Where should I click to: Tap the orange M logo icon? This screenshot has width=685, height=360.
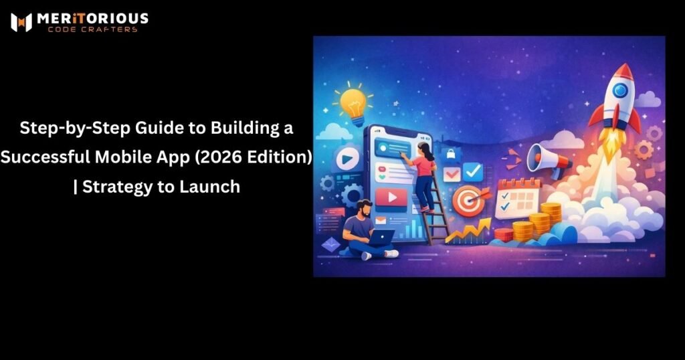pos(21,22)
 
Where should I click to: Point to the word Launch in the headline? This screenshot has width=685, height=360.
pos(209,187)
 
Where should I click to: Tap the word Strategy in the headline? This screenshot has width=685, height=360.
pos(120,187)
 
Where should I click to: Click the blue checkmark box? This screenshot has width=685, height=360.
pos(473,172)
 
